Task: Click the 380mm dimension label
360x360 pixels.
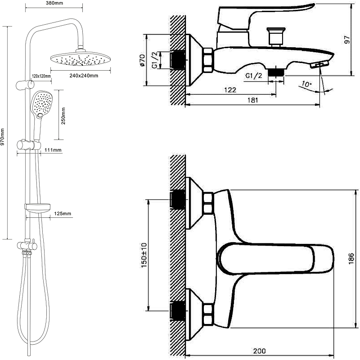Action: click(54, 3)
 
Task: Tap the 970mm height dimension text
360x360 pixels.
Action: click(3, 137)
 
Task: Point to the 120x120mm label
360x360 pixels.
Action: click(41, 76)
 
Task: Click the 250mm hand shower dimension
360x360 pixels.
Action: click(63, 116)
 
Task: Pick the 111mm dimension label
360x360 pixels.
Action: click(53, 150)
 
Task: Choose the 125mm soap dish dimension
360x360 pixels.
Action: click(63, 213)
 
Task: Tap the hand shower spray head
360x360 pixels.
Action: click(42, 104)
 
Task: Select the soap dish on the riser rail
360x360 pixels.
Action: click(37, 208)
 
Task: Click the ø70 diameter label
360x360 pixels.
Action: click(142, 60)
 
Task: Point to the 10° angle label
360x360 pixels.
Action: click(306, 84)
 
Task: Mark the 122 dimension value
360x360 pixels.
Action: click(230, 90)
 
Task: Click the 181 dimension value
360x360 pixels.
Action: click(252, 100)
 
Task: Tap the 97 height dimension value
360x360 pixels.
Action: click(347, 40)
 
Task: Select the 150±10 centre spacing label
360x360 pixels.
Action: click(144, 255)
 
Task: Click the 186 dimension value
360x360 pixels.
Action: click(351, 259)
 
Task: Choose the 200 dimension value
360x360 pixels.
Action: click(260, 351)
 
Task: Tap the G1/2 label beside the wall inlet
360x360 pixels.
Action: click(155, 60)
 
